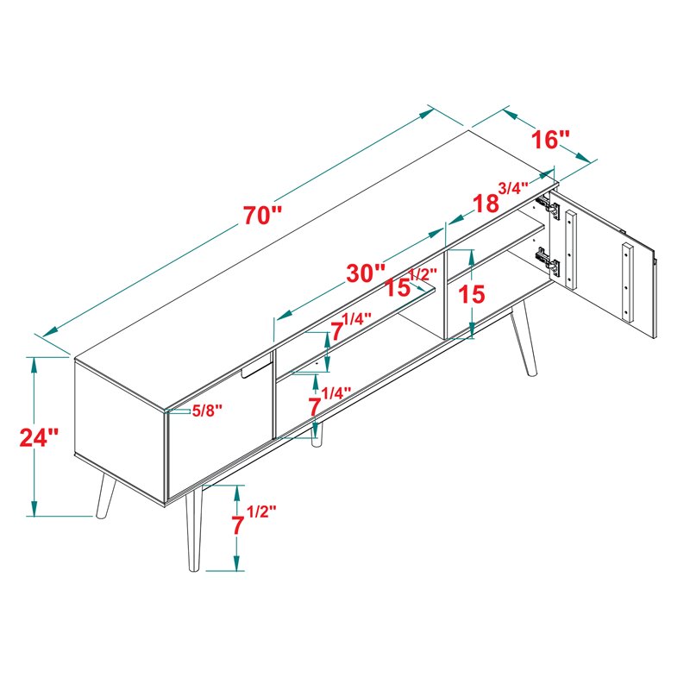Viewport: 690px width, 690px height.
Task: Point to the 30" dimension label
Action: pos(366,273)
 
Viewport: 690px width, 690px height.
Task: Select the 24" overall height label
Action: pos(39,436)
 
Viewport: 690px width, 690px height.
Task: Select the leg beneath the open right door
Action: pos(523,340)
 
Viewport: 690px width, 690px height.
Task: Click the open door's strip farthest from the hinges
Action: pos(628,281)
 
